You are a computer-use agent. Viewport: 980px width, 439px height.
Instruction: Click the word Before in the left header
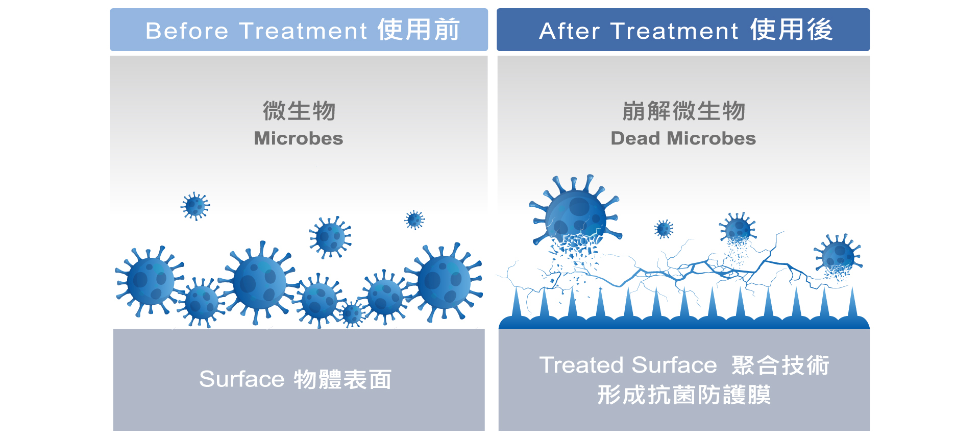coord(187,31)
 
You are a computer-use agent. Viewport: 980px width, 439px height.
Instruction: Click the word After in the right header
coord(569,31)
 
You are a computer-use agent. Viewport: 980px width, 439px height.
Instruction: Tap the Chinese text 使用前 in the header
coord(419,30)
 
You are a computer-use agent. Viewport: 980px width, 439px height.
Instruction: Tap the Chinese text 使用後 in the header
coord(792,30)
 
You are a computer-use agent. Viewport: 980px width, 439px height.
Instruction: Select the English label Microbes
coord(299,138)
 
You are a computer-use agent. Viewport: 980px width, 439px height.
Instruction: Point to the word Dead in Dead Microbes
coord(635,138)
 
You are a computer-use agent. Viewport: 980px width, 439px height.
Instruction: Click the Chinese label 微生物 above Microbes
coord(299,111)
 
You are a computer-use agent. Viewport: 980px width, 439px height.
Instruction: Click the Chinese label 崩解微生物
coord(684,111)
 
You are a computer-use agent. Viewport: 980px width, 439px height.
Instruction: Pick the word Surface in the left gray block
coord(241,379)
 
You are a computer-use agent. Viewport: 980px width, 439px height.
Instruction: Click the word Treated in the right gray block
coord(582,365)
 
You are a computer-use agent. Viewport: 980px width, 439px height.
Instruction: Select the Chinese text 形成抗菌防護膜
coord(684,395)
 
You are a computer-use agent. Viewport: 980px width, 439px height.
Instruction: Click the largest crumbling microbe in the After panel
coord(575,217)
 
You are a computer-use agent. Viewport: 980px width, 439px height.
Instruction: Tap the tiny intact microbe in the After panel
coord(664,229)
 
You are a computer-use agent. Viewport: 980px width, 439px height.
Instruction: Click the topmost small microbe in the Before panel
coord(195,206)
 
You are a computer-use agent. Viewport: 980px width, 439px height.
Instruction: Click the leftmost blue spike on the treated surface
coord(517,303)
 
